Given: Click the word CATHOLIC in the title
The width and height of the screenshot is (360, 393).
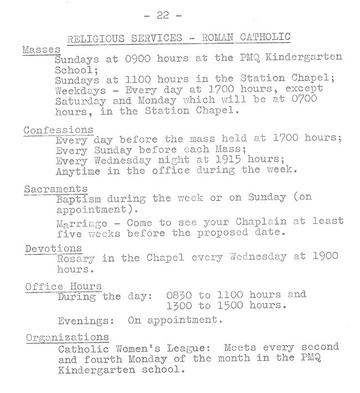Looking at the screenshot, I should click(266, 38).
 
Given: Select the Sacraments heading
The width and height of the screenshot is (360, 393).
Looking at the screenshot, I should click(55, 189).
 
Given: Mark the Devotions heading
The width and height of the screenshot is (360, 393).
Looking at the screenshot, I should click(53, 248).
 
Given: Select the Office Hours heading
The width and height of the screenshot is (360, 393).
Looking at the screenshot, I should click(64, 286).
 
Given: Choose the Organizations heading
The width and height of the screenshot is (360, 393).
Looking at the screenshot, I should click(66, 337).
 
